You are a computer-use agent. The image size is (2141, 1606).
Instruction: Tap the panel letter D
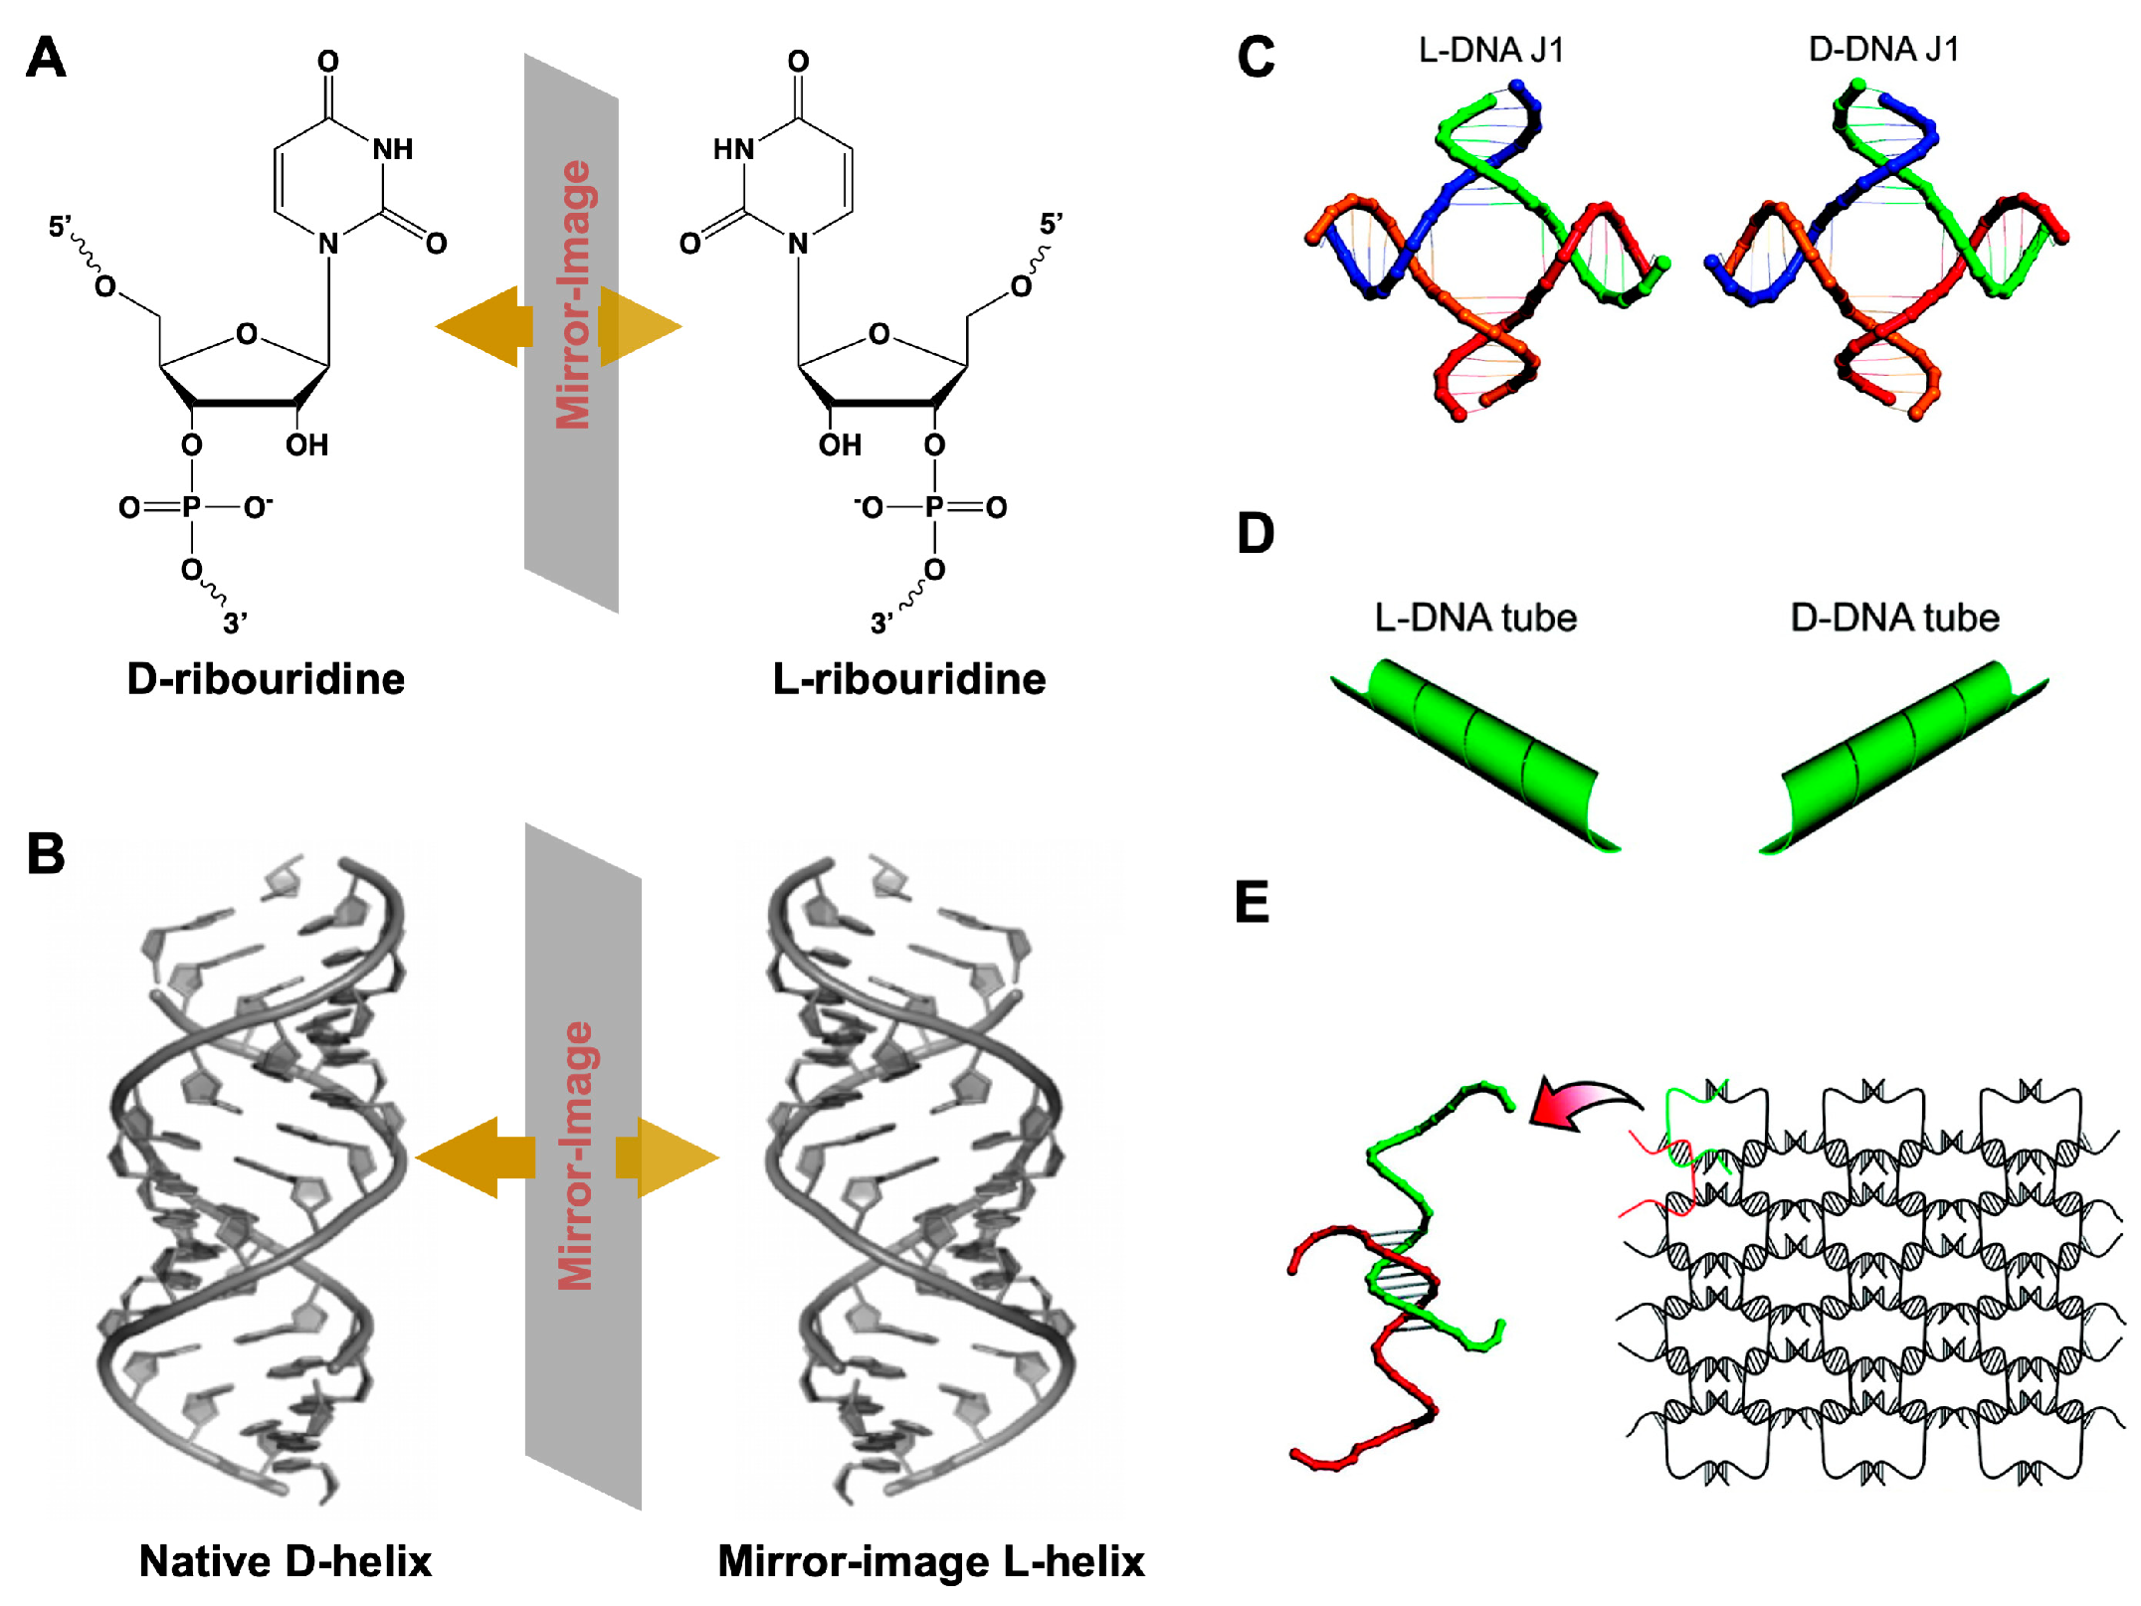[x=1255, y=534]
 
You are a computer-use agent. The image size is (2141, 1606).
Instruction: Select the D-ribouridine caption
[x=266, y=679]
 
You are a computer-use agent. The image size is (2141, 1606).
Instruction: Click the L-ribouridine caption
[x=908, y=679]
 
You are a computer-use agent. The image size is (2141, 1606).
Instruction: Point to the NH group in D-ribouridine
[x=392, y=149]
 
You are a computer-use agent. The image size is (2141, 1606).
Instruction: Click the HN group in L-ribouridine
[x=733, y=149]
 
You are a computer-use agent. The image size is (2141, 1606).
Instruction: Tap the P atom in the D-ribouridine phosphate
[x=191, y=507]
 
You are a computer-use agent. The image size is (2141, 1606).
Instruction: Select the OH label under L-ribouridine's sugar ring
[x=840, y=445]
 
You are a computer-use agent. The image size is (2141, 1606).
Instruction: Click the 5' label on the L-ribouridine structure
[x=1051, y=224]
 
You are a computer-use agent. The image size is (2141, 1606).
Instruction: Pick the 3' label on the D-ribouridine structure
[x=235, y=624]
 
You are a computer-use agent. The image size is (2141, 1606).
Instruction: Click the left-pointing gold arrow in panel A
[x=483, y=326]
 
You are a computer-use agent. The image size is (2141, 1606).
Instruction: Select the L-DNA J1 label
[x=1490, y=49]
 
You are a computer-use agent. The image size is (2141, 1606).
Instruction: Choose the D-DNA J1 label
[x=1883, y=49]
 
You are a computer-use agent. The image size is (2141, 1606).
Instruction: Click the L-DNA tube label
[x=1475, y=618]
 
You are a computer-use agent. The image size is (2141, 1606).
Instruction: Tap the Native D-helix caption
[x=286, y=1561]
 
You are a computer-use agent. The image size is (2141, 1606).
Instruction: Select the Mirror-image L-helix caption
[x=930, y=1561]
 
